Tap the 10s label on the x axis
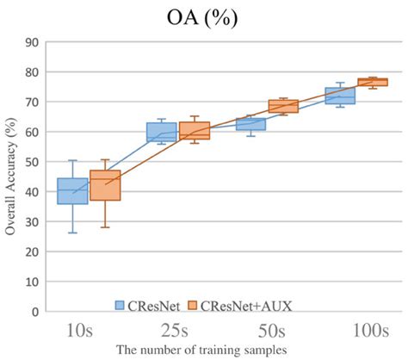[x=89, y=330]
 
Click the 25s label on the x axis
[x=176, y=330]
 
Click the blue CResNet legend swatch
[x=122, y=303]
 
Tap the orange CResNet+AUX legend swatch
[x=195, y=303]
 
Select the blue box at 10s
[x=72, y=191]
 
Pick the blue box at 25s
[x=161, y=132]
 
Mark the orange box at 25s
[x=194, y=131]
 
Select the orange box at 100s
[x=373, y=82]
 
